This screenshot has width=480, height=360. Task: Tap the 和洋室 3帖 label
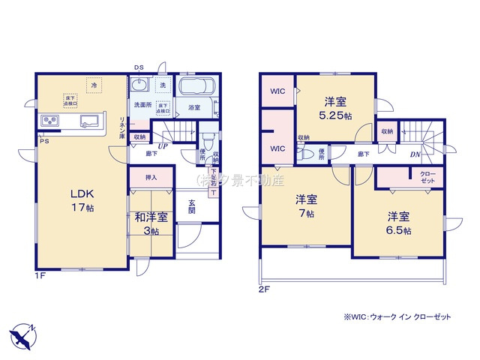pyautogui.click(x=151, y=223)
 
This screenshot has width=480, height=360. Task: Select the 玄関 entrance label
pyautogui.click(x=191, y=206)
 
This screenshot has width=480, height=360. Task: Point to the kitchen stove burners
pyautogui.click(x=50, y=121)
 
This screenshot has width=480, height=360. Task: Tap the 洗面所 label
pyautogui.click(x=142, y=105)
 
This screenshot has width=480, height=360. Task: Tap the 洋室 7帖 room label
pyautogui.click(x=304, y=207)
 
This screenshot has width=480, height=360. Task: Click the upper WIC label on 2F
pyautogui.click(x=277, y=94)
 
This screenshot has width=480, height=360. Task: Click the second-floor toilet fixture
pyautogui.click(x=307, y=154)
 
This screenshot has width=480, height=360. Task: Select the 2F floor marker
pyautogui.click(x=263, y=288)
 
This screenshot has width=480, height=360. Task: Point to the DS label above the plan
pyautogui.click(x=139, y=68)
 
